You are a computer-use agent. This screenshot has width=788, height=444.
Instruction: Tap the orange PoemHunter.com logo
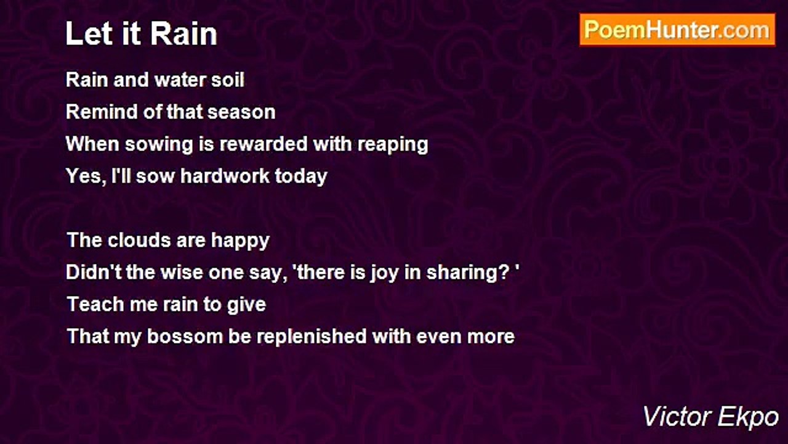point(677,30)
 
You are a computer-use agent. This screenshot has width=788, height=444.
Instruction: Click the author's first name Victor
point(677,417)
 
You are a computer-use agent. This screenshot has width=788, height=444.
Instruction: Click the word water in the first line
point(180,80)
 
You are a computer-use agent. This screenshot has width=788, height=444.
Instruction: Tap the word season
point(241,113)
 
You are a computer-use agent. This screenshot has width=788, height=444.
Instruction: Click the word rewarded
point(263,144)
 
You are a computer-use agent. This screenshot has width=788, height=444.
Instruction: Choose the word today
point(301,177)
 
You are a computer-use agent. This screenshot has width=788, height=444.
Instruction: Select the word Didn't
point(93,272)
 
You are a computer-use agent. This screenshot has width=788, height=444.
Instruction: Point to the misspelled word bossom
point(185,336)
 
